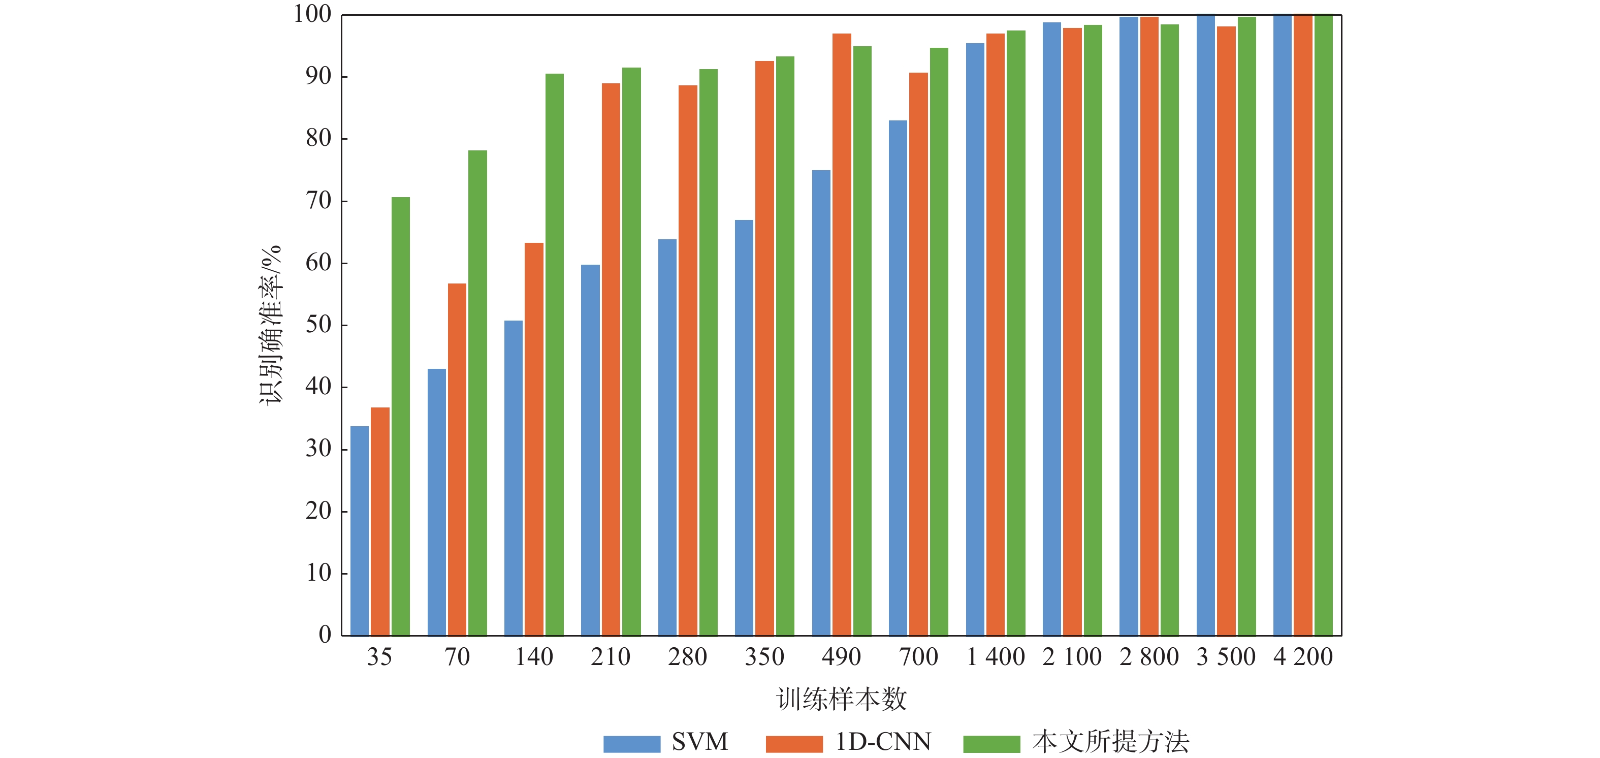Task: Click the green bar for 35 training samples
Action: tap(401, 416)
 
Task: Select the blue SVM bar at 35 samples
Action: tap(360, 531)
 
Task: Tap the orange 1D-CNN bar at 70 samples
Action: tap(457, 460)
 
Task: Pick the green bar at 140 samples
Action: tap(555, 354)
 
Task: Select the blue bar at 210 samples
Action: tap(591, 451)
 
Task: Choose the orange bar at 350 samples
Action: tap(764, 348)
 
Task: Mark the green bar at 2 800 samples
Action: tap(1170, 329)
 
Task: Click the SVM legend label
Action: tap(699, 742)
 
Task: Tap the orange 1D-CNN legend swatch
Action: tap(794, 744)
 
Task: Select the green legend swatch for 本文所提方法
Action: tap(991, 744)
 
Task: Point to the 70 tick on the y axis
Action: tap(318, 201)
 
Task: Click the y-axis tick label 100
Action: tap(312, 14)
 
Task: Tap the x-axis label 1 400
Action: tap(996, 657)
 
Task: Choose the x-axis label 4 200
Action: tap(1303, 657)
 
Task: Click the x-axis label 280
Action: tap(688, 657)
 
